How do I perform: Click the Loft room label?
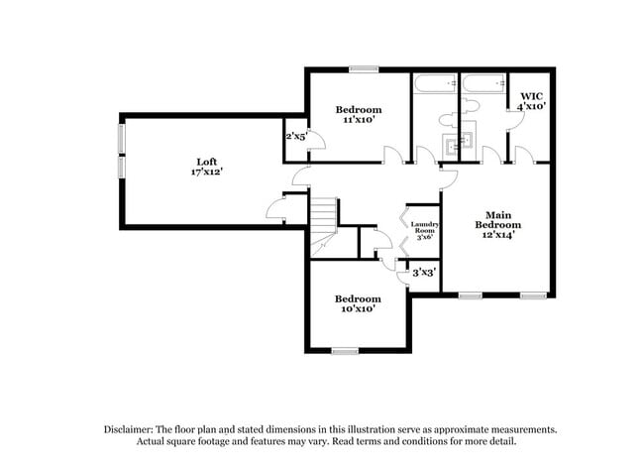tap(206, 161)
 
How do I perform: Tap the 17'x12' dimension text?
tap(206, 172)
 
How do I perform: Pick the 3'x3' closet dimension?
tap(423, 271)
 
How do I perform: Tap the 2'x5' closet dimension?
tap(296, 136)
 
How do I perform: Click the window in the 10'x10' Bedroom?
tap(345, 349)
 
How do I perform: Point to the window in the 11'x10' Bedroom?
tap(363, 68)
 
